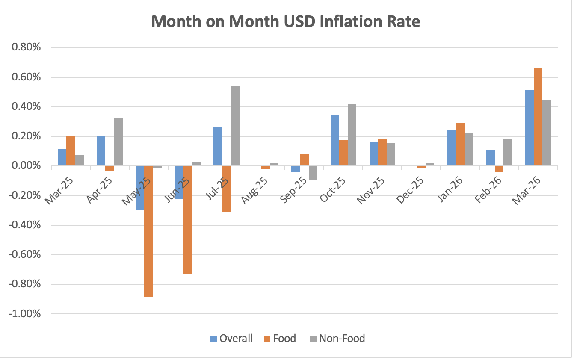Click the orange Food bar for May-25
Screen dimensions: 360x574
(x=148, y=231)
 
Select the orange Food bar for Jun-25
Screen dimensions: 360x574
(x=187, y=220)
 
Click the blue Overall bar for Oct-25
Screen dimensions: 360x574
(x=334, y=141)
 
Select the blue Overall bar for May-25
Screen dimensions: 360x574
(x=140, y=188)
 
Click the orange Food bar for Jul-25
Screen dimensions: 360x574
(x=226, y=189)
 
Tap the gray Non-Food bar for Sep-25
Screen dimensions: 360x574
(x=313, y=173)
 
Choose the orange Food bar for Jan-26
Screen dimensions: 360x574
(x=460, y=145)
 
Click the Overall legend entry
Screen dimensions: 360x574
(x=231, y=339)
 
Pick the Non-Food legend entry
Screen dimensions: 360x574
(x=337, y=339)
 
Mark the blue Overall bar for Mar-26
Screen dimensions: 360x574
(x=529, y=128)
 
